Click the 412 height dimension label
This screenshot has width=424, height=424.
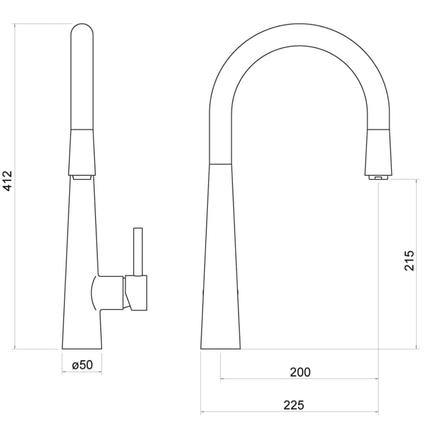[8, 181]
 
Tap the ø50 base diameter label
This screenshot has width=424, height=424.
[82, 365]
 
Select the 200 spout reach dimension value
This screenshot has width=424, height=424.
[300, 372]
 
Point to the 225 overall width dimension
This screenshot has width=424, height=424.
[294, 405]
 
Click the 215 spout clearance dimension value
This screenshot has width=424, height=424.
[409, 260]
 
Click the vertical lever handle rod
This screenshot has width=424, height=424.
[138, 251]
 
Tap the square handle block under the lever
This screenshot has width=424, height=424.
[138, 292]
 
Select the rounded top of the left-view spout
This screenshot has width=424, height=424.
[82, 31]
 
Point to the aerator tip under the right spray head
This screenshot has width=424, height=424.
[378, 178]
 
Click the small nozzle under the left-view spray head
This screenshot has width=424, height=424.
[82, 178]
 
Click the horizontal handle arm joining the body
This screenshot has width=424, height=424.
[111, 292]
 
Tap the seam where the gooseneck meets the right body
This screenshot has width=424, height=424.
[220, 164]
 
